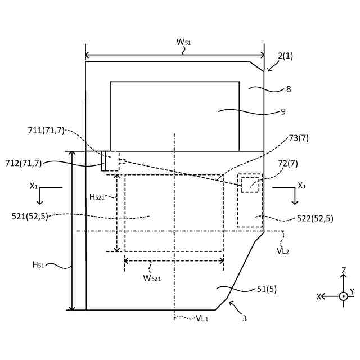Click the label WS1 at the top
(184, 42)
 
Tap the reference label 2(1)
(285, 56)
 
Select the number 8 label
(289, 89)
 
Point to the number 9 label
(283, 111)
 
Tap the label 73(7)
(298, 138)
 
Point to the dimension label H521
(97, 197)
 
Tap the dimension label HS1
(39, 265)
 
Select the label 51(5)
(267, 289)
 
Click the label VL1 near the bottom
(203, 318)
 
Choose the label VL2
(283, 251)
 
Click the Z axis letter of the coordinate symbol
(343, 271)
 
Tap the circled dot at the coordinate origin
(343, 296)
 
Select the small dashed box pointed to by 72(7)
(250, 185)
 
